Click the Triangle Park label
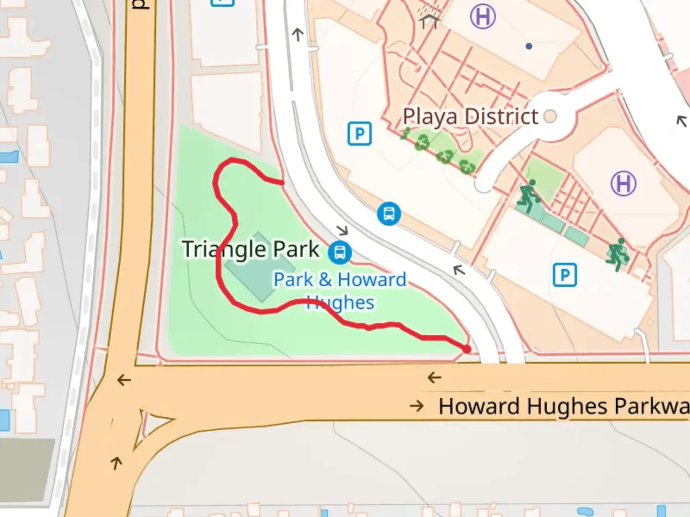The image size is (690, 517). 250,249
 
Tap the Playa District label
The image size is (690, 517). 470,117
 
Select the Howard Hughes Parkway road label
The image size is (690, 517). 563,406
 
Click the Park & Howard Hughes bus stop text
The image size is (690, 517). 340,290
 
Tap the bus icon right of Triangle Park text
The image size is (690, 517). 340,252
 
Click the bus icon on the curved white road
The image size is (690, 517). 389,214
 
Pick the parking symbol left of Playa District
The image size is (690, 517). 359,134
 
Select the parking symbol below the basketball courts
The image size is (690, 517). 564,275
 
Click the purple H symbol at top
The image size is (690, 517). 483,17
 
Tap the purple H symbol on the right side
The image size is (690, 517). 623,184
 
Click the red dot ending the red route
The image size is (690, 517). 467,349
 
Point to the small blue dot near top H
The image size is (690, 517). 529,46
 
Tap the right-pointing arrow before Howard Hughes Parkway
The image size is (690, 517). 416,406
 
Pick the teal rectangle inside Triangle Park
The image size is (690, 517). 259,267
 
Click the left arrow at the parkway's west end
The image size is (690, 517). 124,380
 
